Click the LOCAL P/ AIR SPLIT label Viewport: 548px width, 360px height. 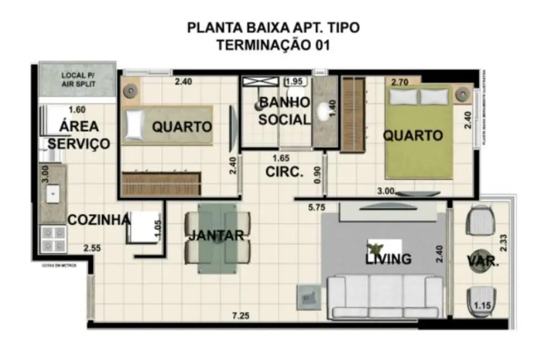[x=78, y=79]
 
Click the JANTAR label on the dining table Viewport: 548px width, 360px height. [x=216, y=235]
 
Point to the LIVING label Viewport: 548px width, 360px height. [x=388, y=259]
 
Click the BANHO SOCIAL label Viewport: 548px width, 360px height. [x=284, y=111]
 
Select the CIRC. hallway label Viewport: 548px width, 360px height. [x=284, y=172]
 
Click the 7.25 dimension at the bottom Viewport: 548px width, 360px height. [x=241, y=316]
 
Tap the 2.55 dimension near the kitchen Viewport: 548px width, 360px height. [x=93, y=248]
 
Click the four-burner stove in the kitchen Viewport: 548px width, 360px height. [x=53, y=239]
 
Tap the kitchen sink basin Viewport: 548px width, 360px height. [x=53, y=193]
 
